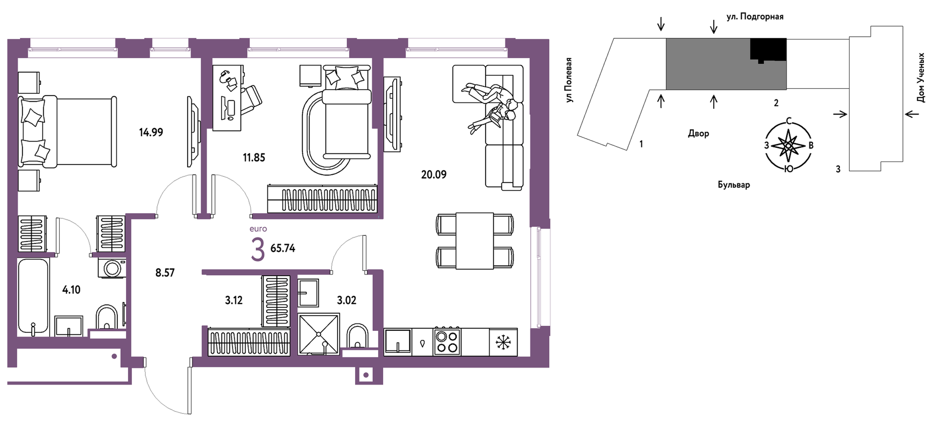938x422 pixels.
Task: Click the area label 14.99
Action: tap(151, 132)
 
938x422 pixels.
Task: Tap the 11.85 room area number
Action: tap(254, 158)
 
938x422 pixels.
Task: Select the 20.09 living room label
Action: tap(433, 174)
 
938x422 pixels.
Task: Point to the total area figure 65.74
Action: tap(283, 248)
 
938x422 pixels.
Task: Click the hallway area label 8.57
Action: tap(165, 273)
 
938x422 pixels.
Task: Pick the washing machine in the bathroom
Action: tap(112, 268)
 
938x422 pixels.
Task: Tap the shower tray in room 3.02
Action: tap(319, 334)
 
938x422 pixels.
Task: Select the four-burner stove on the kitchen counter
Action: tap(447, 342)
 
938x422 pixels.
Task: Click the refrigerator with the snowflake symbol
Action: tap(503, 342)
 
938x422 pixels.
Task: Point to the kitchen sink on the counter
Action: tap(398, 342)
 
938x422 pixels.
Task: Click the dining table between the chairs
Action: tap(474, 241)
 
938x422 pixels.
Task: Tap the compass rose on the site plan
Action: tap(788, 145)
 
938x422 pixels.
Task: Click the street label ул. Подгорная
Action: tap(755, 17)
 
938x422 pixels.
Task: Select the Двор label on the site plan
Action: tap(698, 133)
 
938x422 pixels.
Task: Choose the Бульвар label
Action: tap(734, 185)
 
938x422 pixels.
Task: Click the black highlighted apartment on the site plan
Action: tap(768, 50)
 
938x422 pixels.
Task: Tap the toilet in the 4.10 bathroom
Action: tap(106, 317)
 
